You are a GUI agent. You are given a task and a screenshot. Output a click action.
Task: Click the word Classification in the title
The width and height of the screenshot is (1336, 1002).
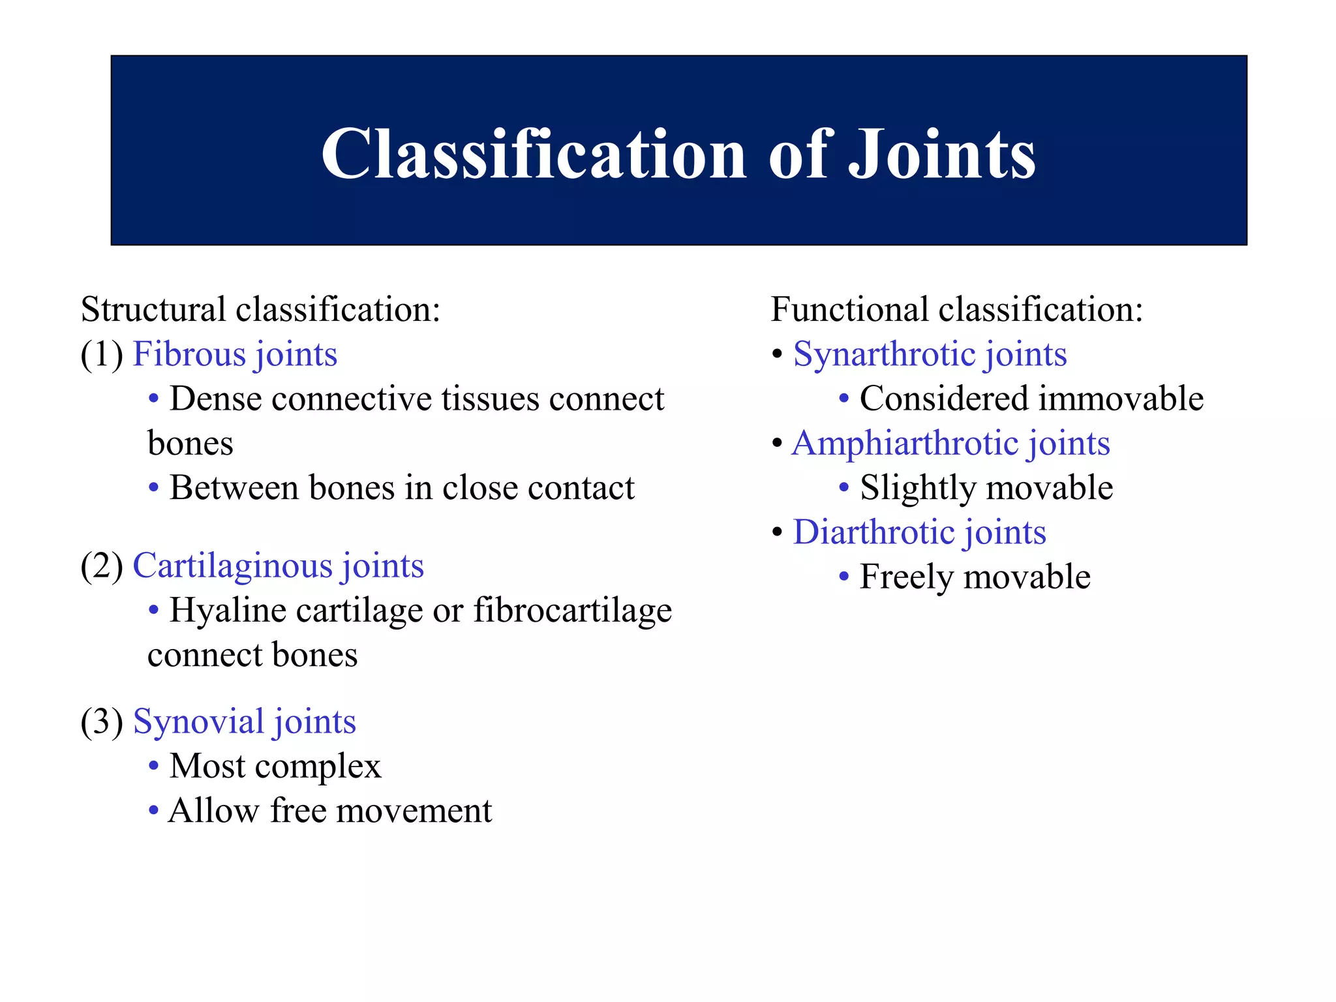click(x=533, y=154)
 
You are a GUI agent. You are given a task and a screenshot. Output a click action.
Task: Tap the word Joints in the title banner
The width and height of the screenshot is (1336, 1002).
click(x=941, y=154)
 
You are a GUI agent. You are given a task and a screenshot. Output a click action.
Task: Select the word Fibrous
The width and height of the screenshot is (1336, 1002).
click(x=189, y=354)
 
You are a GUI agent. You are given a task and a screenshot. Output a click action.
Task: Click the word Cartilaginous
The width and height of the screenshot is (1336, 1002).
click(x=232, y=566)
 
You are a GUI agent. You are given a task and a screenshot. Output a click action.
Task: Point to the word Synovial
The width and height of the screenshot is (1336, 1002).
click(x=198, y=721)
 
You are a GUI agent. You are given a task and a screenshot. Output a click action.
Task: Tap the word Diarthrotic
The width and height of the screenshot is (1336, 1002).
click(x=873, y=532)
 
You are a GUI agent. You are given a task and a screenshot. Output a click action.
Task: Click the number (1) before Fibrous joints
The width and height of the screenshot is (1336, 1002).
click(x=102, y=355)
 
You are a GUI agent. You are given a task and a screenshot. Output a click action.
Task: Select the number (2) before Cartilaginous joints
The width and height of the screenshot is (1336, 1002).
click(x=102, y=566)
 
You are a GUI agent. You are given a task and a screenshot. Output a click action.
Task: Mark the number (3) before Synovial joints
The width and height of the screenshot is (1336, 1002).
click(x=102, y=722)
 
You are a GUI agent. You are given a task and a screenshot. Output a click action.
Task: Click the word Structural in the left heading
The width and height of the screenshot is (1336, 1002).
click(x=153, y=309)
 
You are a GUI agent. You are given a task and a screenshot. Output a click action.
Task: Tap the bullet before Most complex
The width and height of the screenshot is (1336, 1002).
click(x=153, y=765)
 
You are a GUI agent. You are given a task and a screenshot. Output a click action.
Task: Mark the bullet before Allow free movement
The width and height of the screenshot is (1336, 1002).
click(x=153, y=810)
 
